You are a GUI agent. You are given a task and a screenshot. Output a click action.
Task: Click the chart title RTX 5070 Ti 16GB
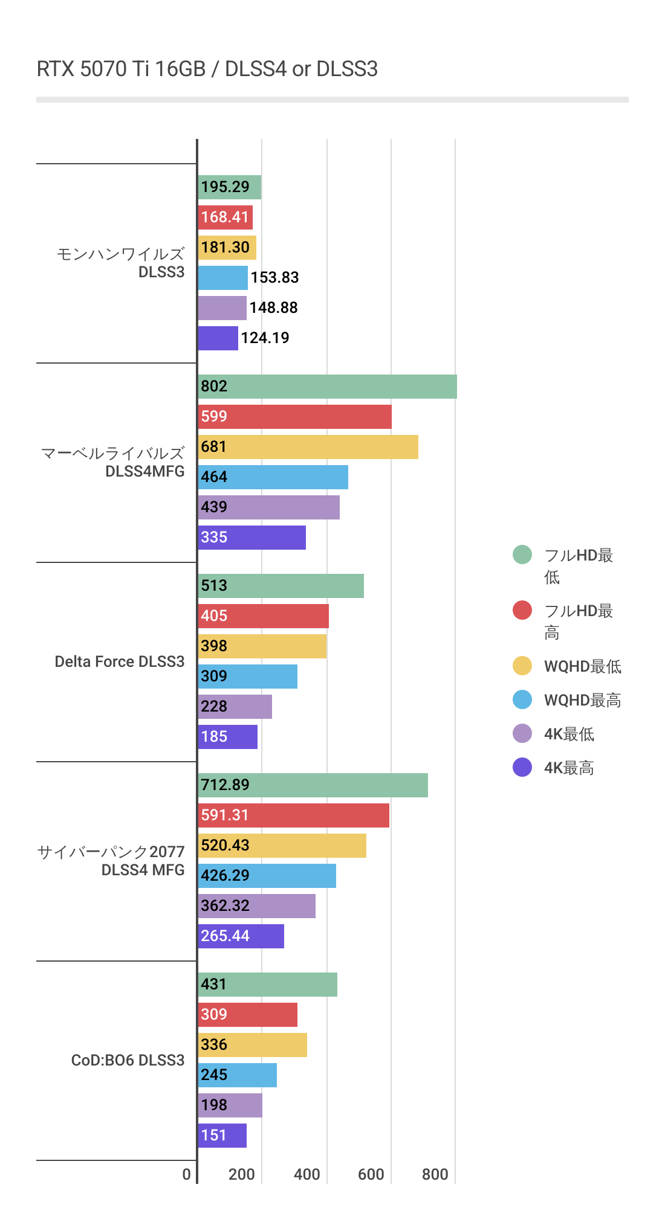coord(207,69)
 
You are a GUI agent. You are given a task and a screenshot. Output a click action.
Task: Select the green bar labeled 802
coord(327,387)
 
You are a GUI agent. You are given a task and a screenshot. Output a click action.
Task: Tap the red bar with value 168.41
coord(225,217)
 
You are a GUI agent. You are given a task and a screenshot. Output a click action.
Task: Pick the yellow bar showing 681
coord(308,447)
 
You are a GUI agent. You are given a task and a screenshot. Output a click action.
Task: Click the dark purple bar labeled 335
coord(251,538)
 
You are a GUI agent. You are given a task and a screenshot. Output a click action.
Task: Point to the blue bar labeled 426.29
coord(267,876)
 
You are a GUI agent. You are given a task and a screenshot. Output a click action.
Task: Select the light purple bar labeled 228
coord(235,707)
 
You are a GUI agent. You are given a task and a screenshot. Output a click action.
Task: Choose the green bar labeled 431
coord(267,985)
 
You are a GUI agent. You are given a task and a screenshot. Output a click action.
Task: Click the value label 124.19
coord(265,338)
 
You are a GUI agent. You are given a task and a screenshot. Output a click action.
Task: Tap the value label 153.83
coord(274,278)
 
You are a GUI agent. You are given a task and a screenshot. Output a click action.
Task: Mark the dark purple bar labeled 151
coord(222,1136)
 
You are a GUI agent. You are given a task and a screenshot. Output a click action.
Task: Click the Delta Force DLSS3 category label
coord(119,661)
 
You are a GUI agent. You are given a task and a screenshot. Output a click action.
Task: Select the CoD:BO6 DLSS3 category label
coord(128,1060)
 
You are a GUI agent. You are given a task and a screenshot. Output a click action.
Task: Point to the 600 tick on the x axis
coord(371,1174)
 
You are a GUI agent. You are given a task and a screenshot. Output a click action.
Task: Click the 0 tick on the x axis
coord(186,1174)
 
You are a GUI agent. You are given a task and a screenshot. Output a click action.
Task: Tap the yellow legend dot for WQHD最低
coord(522,666)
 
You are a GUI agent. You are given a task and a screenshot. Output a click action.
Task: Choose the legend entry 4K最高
coord(568,768)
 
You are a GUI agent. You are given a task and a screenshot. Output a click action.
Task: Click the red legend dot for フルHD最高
coord(522,610)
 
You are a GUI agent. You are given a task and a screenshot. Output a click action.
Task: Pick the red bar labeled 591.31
coord(293,815)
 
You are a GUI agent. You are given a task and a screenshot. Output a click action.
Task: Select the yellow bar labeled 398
coord(262,646)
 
